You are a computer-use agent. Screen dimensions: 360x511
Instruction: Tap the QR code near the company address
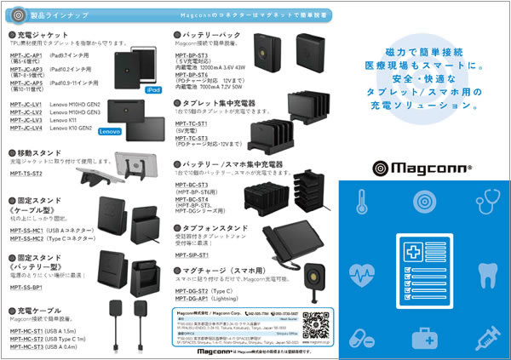314,326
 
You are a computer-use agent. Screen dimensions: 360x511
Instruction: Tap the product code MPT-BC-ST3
192,185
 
